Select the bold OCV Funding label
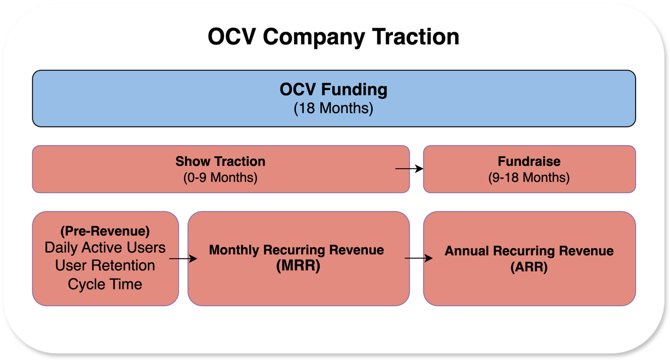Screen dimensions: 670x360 pyautogui.click(x=334, y=90)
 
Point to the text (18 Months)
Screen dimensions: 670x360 pyautogui.click(x=334, y=108)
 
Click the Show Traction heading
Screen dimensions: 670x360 pyautogui.click(x=220, y=161)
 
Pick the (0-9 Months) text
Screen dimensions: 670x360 pyautogui.click(x=220, y=177)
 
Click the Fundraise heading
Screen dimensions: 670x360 pyautogui.click(x=529, y=161)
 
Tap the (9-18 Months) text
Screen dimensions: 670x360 pyautogui.click(x=529, y=177)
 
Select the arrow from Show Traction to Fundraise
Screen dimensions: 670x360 pyautogui.click(x=409, y=169)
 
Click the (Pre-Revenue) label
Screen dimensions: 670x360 pyautogui.click(x=105, y=231)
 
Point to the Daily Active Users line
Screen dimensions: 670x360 pyautogui.click(x=105, y=248)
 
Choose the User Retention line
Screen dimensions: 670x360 pyautogui.click(x=105, y=266)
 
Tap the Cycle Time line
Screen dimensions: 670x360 pyautogui.click(x=105, y=284)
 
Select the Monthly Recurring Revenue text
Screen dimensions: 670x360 pyautogui.click(x=296, y=250)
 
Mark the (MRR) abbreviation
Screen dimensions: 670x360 pyautogui.click(x=296, y=267)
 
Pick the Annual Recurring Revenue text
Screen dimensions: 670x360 pyautogui.click(x=529, y=251)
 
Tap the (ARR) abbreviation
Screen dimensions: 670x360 pyautogui.click(x=529, y=268)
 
